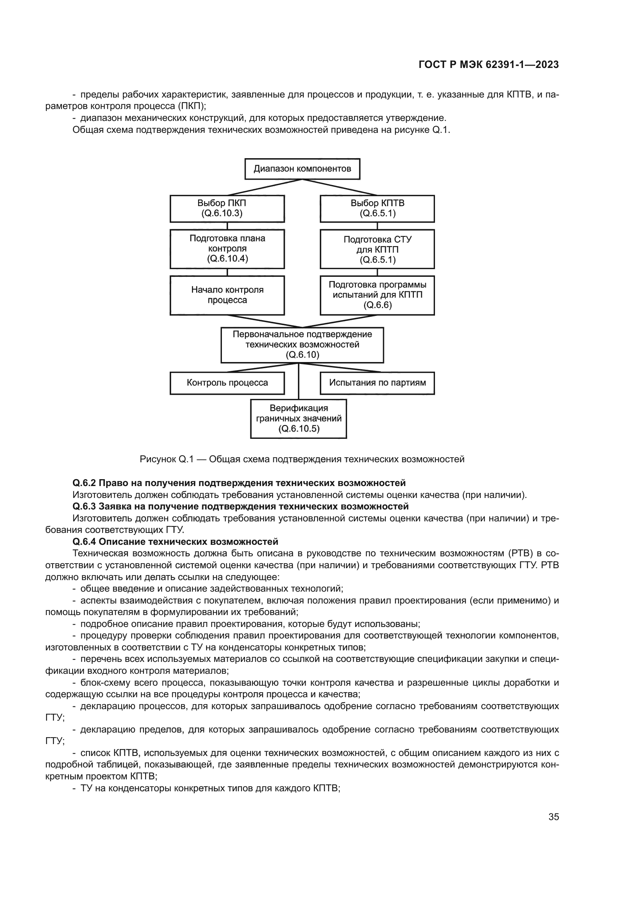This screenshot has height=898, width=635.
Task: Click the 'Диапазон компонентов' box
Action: [x=302, y=169]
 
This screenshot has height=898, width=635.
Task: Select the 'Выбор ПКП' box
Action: [x=227, y=208]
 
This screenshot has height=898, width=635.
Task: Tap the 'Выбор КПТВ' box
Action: [x=377, y=208]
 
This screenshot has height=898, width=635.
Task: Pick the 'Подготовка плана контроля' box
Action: [x=227, y=249]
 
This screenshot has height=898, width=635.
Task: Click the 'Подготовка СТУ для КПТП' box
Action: [x=377, y=249]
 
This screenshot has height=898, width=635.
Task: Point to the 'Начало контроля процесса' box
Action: [x=227, y=295]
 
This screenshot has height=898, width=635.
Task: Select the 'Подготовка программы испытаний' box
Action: [x=377, y=295]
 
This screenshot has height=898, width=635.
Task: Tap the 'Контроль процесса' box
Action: [x=227, y=383]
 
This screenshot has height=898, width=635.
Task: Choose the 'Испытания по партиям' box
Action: [x=377, y=383]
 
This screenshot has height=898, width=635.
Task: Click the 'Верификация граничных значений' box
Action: [x=299, y=418]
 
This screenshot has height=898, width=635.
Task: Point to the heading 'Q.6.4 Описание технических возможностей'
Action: [x=175, y=542]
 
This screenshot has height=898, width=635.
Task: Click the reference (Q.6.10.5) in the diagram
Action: [x=299, y=429]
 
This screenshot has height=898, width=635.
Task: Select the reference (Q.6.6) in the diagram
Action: [x=377, y=306]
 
